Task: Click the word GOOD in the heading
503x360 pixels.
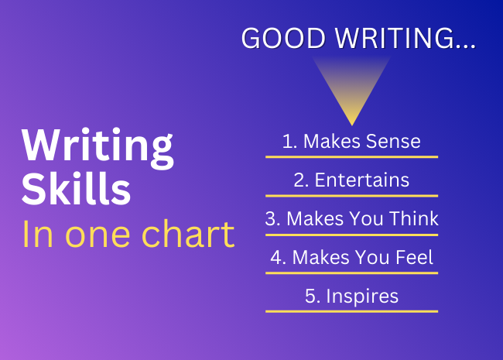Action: coord(284,38)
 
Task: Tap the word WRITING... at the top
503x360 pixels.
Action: coord(405,38)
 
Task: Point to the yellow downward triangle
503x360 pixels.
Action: coord(351,91)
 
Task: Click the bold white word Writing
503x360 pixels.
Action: coord(98,148)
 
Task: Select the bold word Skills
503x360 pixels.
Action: coord(77,188)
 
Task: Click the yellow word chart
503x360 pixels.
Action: coord(188,234)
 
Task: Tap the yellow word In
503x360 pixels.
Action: coord(38,235)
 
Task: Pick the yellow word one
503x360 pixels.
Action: coord(98,238)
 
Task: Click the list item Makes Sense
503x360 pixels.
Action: coord(362,141)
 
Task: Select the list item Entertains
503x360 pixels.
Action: coord(362,180)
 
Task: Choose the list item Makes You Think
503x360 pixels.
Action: coord(362,218)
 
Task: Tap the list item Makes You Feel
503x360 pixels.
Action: coord(363,257)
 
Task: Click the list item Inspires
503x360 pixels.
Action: coord(362,297)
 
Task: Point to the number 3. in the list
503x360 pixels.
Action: coord(273,219)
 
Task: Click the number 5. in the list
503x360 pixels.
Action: coord(313,297)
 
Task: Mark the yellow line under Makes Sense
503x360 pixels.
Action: coord(351,157)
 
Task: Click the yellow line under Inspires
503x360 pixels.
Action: coord(351,311)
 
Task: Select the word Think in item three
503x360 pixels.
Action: coord(414,218)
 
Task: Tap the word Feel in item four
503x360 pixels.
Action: coord(415,257)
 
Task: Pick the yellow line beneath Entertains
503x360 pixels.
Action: coord(351,196)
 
